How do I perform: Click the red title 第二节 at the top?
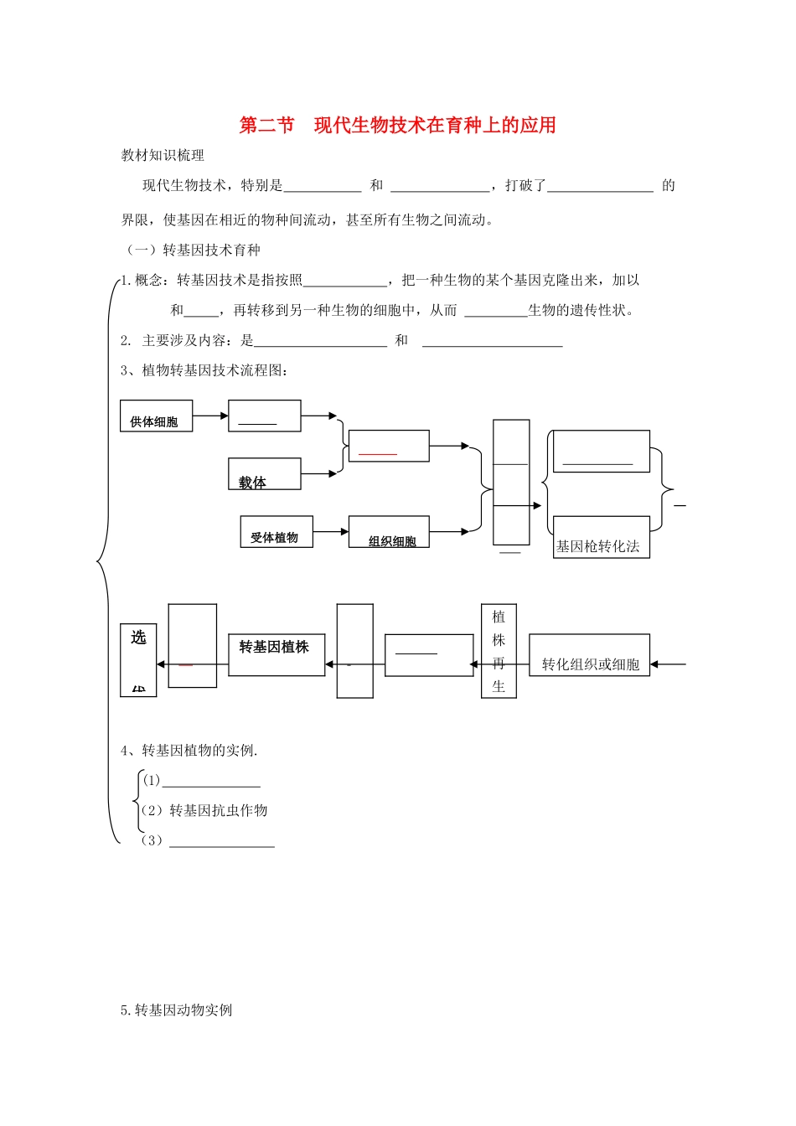[266, 126]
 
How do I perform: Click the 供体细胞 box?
[156, 416]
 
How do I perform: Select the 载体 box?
[264, 474]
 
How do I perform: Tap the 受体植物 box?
[276, 533]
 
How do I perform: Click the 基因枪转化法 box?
[601, 538]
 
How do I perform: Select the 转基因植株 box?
[276, 654]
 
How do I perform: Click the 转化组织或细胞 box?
[589, 655]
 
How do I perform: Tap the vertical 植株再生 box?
[499, 651]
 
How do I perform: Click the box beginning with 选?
[138, 660]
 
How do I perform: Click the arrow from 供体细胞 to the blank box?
[210, 416]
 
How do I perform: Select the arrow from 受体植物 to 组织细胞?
[330, 531]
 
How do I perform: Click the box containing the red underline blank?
[388, 446]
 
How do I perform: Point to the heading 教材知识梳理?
[163, 155]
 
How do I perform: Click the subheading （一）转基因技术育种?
[194, 250]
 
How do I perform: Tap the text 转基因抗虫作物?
[218, 810]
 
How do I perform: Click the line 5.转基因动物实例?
[176, 1010]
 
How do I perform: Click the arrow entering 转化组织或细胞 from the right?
[668, 664]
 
